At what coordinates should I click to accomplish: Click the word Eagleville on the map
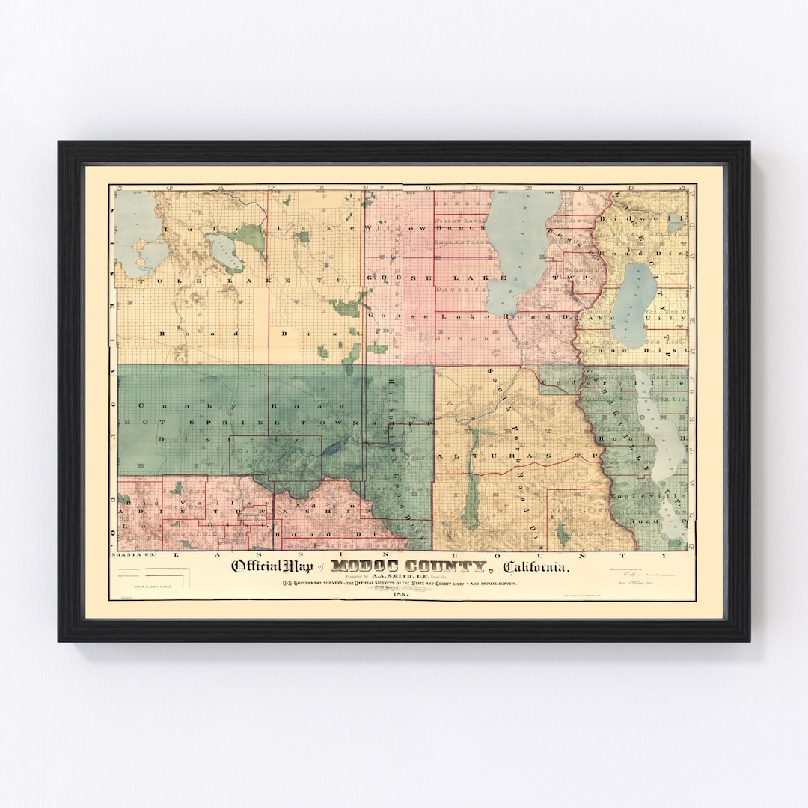pyautogui.click(x=647, y=496)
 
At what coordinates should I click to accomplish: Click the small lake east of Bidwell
pyautogui.click(x=676, y=222)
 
